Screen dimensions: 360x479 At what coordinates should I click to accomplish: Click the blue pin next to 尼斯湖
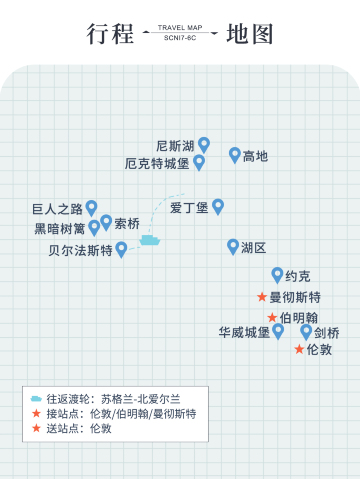pyautogui.click(x=204, y=144)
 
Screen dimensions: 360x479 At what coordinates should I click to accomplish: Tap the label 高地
pyautogui.click(x=255, y=156)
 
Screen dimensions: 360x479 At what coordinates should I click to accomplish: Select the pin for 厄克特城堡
pyautogui.click(x=199, y=161)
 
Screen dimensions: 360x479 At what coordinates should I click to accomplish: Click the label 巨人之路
pyautogui.click(x=57, y=209)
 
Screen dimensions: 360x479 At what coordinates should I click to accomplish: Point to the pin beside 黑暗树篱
pyautogui.click(x=94, y=227)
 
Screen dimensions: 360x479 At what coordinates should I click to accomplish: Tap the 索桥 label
pyautogui.click(x=127, y=223)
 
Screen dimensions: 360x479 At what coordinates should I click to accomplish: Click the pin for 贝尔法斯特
pyautogui.click(x=121, y=249)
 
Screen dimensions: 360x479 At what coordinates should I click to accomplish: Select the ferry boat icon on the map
pyautogui.click(x=150, y=239)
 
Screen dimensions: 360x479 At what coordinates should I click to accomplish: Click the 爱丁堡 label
pyautogui.click(x=189, y=208)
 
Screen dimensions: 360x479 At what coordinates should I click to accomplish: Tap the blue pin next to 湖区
pyautogui.click(x=233, y=246)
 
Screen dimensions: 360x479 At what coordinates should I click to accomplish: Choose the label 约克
pyautogui.click(x=298, y=276)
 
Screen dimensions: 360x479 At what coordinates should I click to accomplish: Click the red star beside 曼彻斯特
pyautogui.click(x=262, y=297)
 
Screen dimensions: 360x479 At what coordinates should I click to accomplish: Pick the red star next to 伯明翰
pyautogui.click(x=272, y=317)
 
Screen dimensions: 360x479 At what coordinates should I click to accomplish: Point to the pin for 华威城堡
pyautogui.click(x=278, y=330)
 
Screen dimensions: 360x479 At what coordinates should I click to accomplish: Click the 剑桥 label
pyautogui.click(x=326, y=333)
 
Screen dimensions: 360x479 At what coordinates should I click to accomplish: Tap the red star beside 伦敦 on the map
pyautogui.click(x=299, y=349)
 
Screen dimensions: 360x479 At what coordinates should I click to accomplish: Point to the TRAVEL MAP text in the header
pyautogui.click(x=181, y=28)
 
